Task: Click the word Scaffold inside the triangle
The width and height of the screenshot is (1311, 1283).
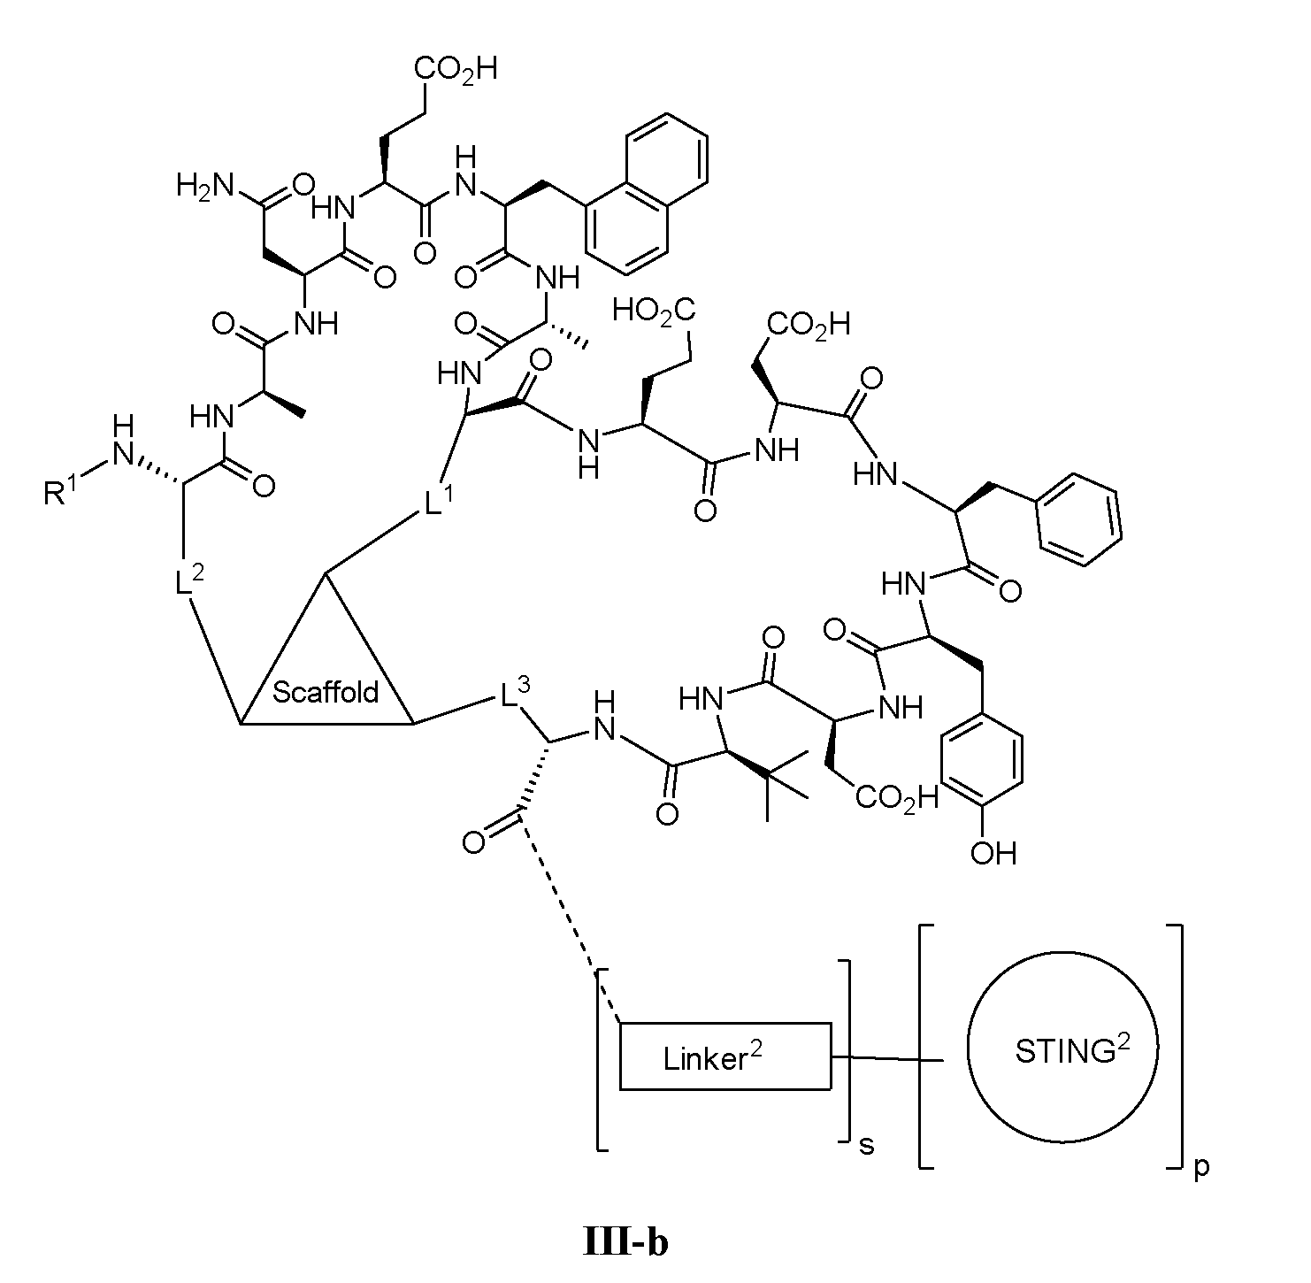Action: pyautogui.click(x=326, y=692)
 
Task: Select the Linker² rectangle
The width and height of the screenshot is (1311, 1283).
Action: pyautogui.click(x=724, y=1056)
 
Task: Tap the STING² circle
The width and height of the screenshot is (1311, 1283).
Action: pyautogui.click(x=1063, y=1047)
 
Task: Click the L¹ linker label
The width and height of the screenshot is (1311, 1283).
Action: pyautogui.click(x=439, y=500)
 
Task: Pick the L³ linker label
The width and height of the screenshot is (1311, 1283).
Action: pyautogui.click(x=515, y=693)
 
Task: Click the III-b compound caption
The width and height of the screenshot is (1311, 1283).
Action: pyautogui.click(x=625, y=1242)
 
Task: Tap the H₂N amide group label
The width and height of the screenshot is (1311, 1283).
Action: pyautogui.click(x=205, y=185)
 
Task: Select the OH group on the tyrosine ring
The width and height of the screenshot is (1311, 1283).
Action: pyautogui.click(x=993, y=854)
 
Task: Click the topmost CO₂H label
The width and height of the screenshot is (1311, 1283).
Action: pyautogui.click(x=456, y=69)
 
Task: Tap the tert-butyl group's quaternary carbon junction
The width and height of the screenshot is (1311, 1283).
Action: pyautogui.click(x=767, y=777)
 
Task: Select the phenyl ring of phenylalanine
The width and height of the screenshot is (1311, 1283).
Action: pyautogui.click(x=1079, y=519)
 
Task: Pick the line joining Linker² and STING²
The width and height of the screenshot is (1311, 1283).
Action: pyautogui.click(x=887, y=1058)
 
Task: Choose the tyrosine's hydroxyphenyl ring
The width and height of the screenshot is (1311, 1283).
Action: pyautogui.click(x=982, y=760)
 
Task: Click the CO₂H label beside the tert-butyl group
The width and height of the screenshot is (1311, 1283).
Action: pyautogui.click(x=897, y=799)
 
